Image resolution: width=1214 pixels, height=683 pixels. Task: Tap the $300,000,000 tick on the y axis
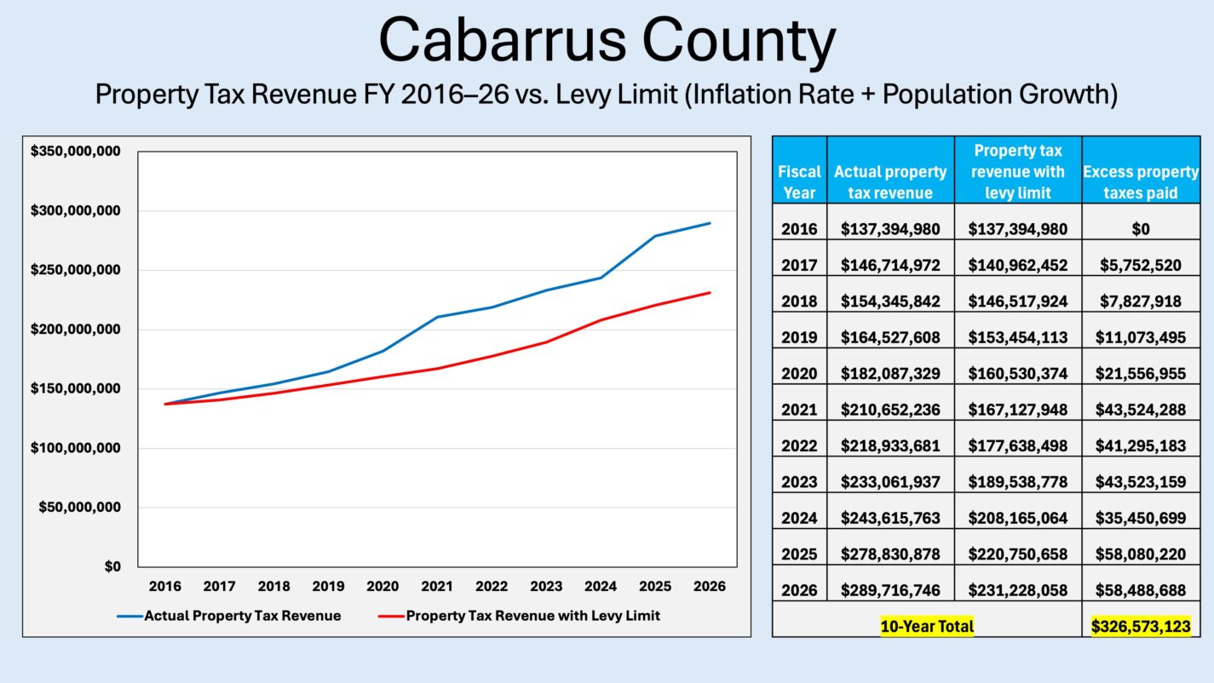point(75,210)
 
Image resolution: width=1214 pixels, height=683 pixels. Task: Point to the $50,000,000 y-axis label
point(79,508)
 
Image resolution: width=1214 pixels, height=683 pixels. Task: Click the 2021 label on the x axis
point(437,587)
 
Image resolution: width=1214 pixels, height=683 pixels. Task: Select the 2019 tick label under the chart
point(328,587)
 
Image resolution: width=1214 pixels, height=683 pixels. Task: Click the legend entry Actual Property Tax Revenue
point(242,616)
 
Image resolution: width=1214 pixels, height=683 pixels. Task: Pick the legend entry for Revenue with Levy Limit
point(532,616)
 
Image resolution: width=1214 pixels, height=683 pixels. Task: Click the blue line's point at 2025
point(655,236)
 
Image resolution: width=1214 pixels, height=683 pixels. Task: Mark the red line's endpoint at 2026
point(710,293)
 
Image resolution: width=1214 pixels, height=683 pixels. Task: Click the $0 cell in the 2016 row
point(1141,228)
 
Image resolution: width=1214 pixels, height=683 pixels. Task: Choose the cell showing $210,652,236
point(890,410)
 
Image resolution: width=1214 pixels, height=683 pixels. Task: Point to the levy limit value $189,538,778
point(1017,482)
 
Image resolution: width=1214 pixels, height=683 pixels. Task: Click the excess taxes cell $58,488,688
point(1141,590)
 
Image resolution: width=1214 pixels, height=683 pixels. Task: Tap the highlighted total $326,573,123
point(1141,627)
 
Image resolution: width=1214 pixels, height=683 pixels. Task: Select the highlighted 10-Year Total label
point(927,627)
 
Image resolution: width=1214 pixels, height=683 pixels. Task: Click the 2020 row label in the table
point(799,373)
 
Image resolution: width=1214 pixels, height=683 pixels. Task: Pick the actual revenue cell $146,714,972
point(890,265)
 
